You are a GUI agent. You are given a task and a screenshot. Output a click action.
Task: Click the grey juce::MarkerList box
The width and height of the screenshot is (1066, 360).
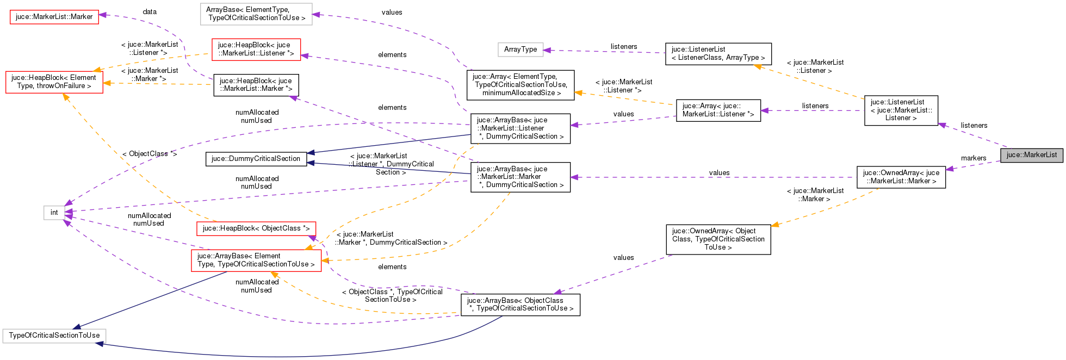pyautogui.click(x=1031, y=155)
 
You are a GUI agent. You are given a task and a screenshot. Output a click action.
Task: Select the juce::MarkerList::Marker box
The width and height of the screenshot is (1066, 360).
pyautogui.click(x=54, y=17)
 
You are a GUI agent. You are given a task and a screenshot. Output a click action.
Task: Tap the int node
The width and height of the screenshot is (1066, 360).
pyautogui.click(x=54, y=213)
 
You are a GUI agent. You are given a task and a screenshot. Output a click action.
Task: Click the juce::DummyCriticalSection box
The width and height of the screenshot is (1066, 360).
pyautogui.click(x=256, y=159)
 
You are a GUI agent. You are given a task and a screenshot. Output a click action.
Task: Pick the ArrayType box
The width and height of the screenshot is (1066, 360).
pyautogui.click(x=520, y=49)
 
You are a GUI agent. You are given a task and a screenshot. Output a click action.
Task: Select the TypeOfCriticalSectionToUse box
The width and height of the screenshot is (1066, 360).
pyautogui.click(x=54, y=336)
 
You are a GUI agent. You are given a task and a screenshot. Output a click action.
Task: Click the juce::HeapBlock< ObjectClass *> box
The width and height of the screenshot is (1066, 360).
pyautogui.click(x=256, y=228)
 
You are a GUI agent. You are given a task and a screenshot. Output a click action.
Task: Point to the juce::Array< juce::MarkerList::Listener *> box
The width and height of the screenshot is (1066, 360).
pyautogui.click(x=718, y=110)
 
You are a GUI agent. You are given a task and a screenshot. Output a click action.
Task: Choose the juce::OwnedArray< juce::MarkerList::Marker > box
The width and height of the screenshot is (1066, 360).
pyautogui.click(x=901, y=177)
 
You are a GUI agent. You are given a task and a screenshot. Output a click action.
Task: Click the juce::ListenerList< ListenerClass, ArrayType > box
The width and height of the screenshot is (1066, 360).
pyautogui.click(x=718, y=53)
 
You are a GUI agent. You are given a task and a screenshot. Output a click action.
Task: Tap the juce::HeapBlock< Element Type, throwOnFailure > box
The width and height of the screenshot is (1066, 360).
pyautogui.click(x=54, y=82)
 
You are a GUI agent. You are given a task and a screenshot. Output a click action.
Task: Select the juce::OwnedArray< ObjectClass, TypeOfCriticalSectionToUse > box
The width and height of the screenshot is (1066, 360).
pyautogui.click(x=718, y=239)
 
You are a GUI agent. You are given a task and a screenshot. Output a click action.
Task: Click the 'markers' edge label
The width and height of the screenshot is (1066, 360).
pyautogui.click(x=973, y=158)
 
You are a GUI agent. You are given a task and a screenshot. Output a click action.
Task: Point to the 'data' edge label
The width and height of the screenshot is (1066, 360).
pyautogui.click(x=150, y=11)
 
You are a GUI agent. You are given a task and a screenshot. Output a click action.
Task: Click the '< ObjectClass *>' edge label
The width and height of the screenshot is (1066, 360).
pyautogui.click(x=149, y=154)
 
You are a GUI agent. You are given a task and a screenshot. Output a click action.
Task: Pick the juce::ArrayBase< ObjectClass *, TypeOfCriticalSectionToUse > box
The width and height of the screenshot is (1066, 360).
pyautogui.click(x=520, y=305)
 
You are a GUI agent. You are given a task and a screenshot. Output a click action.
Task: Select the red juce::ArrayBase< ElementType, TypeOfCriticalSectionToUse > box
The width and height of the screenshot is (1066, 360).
pyautogui.click(x=256, y=260)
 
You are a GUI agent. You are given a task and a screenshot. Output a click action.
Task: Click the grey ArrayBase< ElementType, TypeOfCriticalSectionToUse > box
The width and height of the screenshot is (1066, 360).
pyautogui.click(x=256, y=14)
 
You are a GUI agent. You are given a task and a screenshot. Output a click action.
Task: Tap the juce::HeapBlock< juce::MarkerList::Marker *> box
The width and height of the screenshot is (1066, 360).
pyautogui.click(x=256, y=85)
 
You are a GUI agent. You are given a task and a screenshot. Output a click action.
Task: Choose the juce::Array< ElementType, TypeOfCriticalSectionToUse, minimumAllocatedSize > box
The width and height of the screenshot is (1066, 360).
pyautogui.click(x=520, y=85)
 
